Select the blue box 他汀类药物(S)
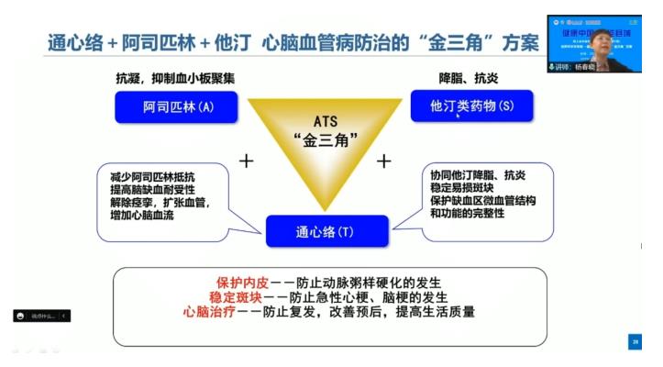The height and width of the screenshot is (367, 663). click(471, 106)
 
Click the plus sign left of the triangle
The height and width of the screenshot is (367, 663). click(245, 161)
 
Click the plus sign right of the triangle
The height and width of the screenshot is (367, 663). click(383, 161)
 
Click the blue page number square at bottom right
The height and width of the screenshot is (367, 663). click(634, 341)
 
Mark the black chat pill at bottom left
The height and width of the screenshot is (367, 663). click(41, 316)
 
